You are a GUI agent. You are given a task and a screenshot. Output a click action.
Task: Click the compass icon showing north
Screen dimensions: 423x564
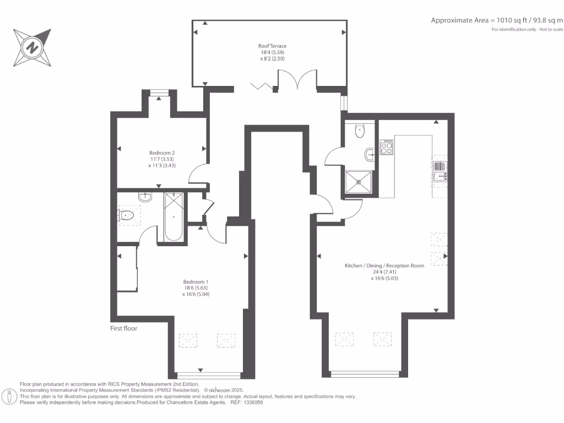34,47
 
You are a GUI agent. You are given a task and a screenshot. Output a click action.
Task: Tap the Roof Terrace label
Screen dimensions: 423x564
272,46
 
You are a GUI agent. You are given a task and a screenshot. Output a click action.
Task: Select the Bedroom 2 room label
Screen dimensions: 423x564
162,153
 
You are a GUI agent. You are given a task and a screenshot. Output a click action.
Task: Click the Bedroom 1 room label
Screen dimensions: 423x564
196,281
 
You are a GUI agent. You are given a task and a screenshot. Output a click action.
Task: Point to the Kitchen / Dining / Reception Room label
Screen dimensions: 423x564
384,265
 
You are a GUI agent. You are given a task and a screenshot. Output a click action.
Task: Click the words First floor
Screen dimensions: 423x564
123,328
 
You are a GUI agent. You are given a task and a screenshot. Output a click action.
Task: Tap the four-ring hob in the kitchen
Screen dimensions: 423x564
387,147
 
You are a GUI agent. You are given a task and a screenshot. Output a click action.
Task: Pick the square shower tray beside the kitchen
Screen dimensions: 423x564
359,182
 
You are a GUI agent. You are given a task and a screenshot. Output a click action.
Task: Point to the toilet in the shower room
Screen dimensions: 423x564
360,131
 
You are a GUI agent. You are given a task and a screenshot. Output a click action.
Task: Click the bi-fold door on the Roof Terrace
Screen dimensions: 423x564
263,86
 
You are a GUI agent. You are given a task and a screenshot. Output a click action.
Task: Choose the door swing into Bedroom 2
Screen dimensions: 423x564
197,176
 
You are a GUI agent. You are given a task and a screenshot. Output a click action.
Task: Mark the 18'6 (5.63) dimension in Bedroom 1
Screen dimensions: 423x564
196,288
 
